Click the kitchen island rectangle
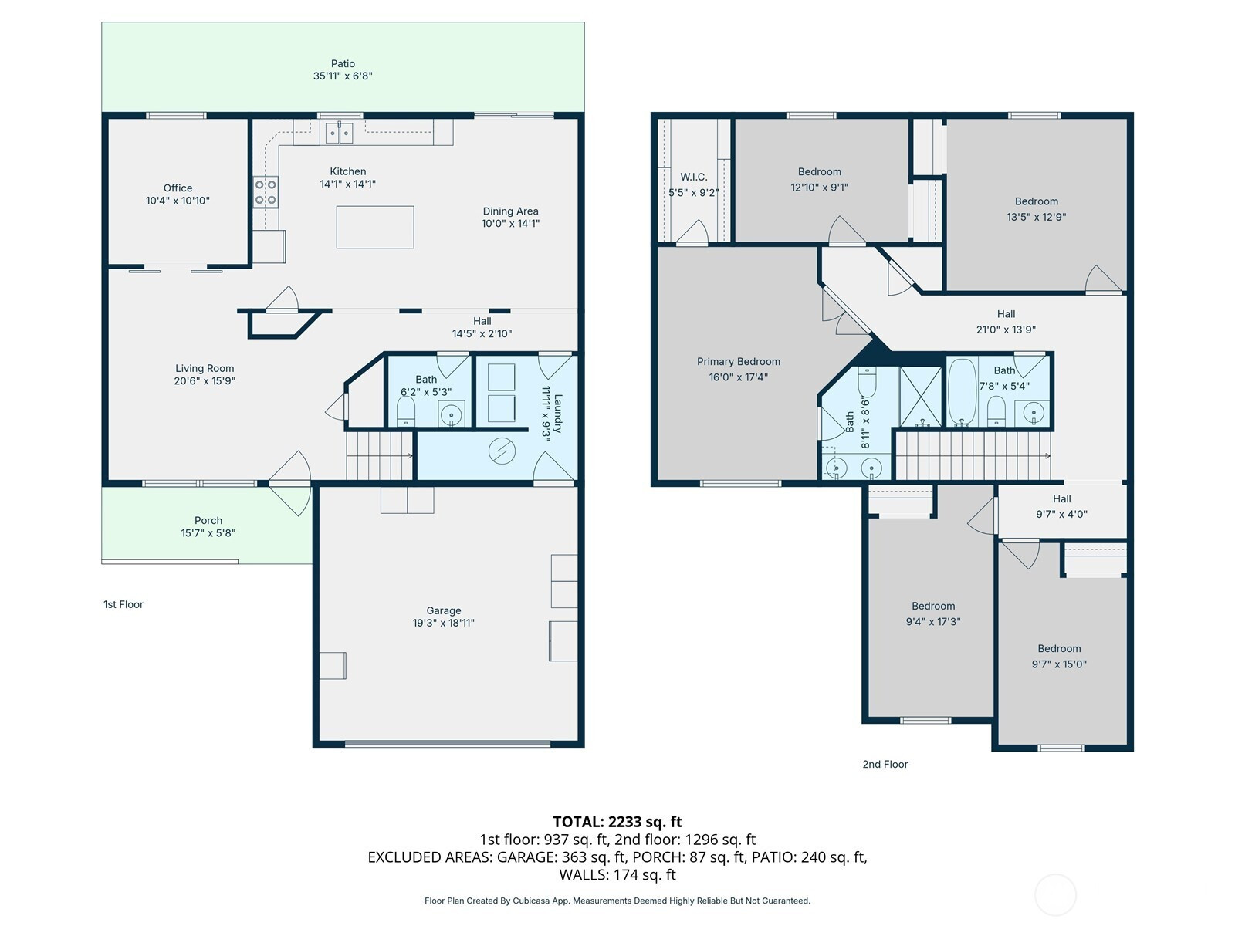click(x=375, y=227)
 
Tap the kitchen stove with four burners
click(x=266, y=192)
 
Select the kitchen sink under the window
click(x=340, y=133)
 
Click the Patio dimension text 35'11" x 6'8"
click(x=343, y=76)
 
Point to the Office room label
click(x=178, y=188)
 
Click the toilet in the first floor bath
click(x=406, y=412)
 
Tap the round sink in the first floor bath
click(x=452, y=415)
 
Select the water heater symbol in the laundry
click(x=502, y=451)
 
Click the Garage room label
click(x=443, y=610)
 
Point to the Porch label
click(x=208, y=521)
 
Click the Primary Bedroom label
click(x=738, y=361)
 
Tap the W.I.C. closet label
click(x=694, y=177)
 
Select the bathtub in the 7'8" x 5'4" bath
click(x=962, y=392)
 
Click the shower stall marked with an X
click(x=921, y=396)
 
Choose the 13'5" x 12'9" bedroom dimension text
click(x=1037, y=217)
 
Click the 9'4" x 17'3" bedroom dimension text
click(x=933, y=622)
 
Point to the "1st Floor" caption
click(x=123, y=604)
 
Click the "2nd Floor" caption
click(x=885, y=764)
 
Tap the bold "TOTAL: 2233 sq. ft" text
click(x=617, y=822)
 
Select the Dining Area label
click(x=510, y=211)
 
